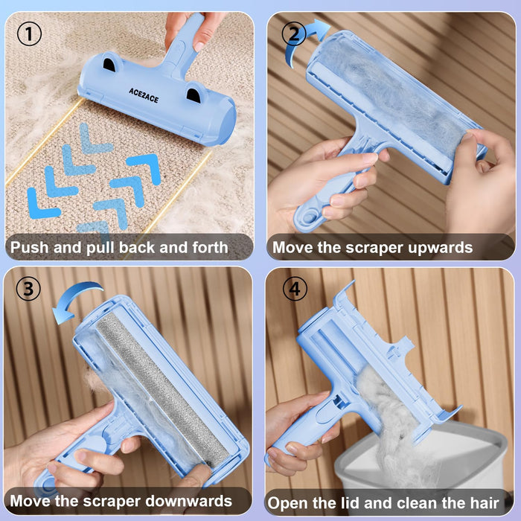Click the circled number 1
point(29,34)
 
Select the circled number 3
point(29,289)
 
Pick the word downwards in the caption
point(193,501)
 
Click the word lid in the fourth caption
point(353,502)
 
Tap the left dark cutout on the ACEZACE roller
point(109,65)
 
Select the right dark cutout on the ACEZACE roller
point(194,94)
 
